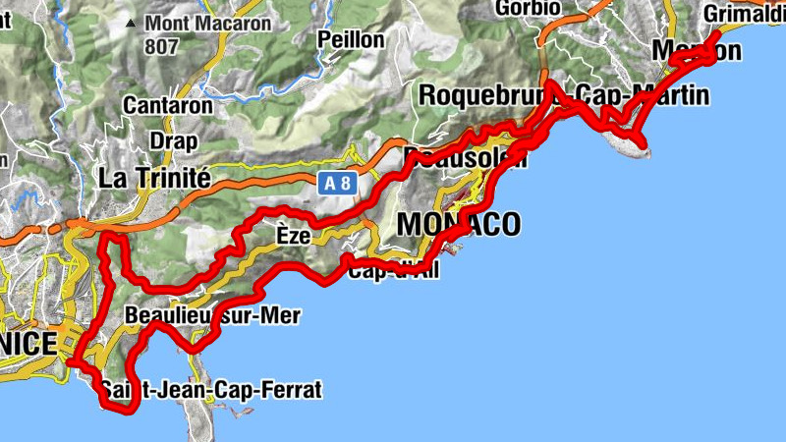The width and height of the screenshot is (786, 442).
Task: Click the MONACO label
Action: [x=458, y=225]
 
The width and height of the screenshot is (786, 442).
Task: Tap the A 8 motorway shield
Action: [x=335, y=183]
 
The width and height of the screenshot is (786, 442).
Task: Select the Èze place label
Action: [x=293, y=237]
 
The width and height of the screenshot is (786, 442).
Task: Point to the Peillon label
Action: [x=351, y=39]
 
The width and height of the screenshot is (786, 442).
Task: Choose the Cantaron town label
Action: [x=168, y=105]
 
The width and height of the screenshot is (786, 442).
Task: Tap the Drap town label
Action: [x=173, y=140]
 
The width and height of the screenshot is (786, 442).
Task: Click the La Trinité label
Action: [x=155, y=178]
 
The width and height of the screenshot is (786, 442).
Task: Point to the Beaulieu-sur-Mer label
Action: [x=213, y=316]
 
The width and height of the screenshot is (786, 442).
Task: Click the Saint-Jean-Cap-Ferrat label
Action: [x=211, y=390]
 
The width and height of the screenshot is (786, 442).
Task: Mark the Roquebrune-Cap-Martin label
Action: [x=563, y=96]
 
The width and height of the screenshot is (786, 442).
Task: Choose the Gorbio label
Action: [x=529, y=8]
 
